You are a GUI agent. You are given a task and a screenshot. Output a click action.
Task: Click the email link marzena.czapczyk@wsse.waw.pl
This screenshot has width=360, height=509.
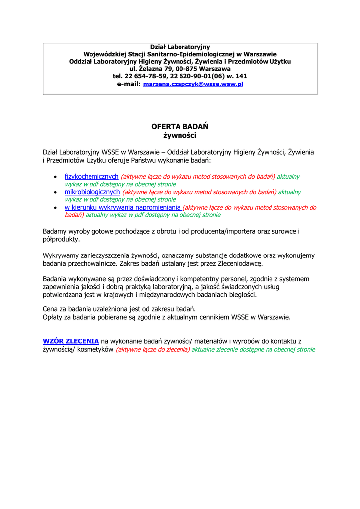193,85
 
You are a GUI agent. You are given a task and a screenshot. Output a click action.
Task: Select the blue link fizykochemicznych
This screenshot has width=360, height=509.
91,176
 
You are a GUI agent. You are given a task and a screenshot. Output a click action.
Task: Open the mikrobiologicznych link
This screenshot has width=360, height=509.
92,192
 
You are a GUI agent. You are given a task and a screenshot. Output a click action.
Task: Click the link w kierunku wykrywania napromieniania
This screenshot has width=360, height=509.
123,207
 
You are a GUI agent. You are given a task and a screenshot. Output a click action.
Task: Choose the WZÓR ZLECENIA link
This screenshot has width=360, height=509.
71,341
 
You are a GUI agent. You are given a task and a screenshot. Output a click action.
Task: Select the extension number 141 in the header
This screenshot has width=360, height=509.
241,76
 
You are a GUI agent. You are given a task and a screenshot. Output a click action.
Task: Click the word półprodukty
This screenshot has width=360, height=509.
61,239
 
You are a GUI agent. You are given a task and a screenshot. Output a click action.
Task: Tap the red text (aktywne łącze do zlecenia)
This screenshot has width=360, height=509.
153,349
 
